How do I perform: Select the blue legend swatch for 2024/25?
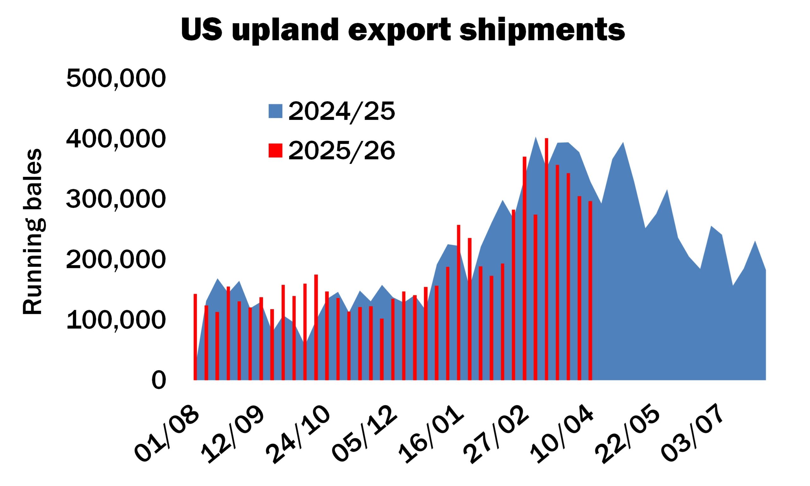(275, 111)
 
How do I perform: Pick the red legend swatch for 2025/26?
(275, 151)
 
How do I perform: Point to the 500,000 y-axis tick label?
(116, 78)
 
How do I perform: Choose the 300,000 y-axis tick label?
(116, 199)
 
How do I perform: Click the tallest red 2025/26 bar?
(546, 259)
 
